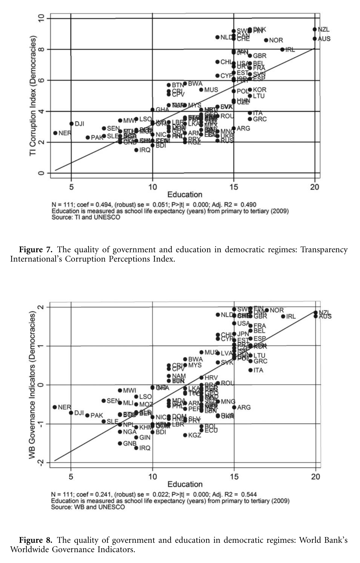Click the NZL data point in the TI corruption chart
point(314,29)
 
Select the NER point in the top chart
point(55,133)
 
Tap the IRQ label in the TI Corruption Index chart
point(145,150)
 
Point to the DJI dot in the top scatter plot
point(71,124)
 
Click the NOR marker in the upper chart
point(266,40)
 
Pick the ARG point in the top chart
point(234,128)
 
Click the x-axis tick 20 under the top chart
point(314,187)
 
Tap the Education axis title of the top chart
point(185,195)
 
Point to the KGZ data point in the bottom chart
point(185,435)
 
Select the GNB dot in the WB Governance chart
point(120,443)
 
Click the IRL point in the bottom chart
point(283,316)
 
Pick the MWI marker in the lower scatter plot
point(120,390)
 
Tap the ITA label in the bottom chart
point(258,370)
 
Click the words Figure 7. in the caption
point(36,250)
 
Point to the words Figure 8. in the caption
point(36,540)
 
